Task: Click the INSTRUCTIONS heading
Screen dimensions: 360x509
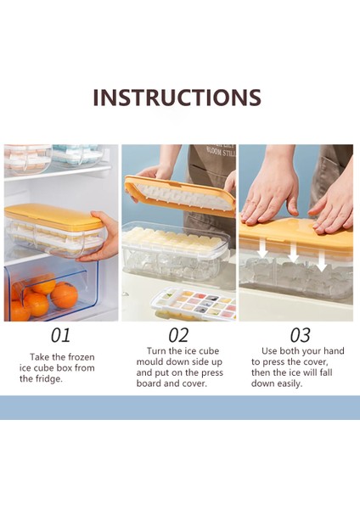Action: pyautogui.click(x=177, y=97)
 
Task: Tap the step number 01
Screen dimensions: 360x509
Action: pyautogui.click(x=60, y=335)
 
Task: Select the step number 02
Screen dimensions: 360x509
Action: pyautogui.click(x=178, y=335)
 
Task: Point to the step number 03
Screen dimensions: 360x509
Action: pyautogui.click(x=301, y=335)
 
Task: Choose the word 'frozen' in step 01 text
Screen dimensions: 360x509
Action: pyautogui.click(x=81, y=357)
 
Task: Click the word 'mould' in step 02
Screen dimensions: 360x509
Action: pyautogui.click(x=149, y=361)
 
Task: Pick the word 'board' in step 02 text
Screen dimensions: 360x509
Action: pyautogui.click(x=149, y=383)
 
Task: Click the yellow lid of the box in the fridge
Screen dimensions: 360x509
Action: pyautogui.click(x=53, y=215)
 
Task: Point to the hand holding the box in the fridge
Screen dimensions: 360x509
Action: pyautogui.click(x=100, y=236)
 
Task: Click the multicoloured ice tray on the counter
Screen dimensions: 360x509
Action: pyautogui.click(x=194, y=303)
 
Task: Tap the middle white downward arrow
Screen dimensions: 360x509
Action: pyautogui.click(x=293, y=253)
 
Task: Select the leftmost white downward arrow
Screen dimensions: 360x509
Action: pyautogui.click(x=263, y=249)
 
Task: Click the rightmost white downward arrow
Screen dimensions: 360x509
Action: pyautogui.click(x=321, y=260)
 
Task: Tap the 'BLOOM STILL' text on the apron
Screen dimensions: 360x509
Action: pyautogui.click(x=222, y=152)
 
